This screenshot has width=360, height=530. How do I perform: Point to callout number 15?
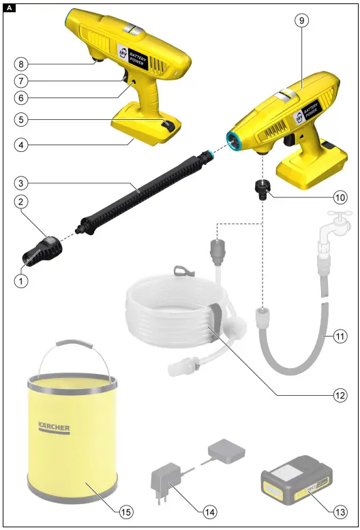click(x=126, y=510)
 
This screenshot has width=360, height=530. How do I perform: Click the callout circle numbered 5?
click(x=22, y=119)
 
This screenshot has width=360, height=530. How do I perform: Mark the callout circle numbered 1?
click(x=22, y=280)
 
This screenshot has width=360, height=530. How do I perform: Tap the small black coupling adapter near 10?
click(x=260, y=188)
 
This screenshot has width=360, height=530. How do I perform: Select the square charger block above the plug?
click(x=227, y=451)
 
